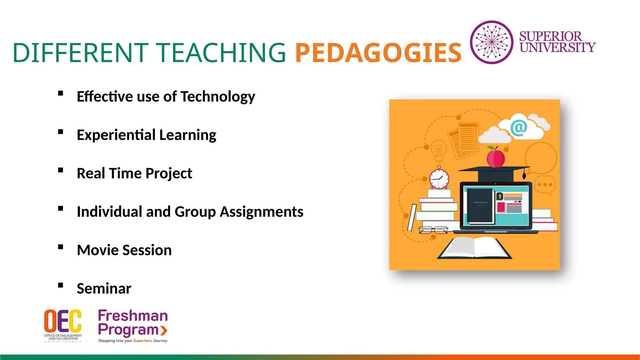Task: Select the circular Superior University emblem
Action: click(492, 42)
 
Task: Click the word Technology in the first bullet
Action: click(218, 97)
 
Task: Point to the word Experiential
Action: click(116, 135)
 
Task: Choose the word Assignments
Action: click(262, 212)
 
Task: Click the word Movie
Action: click(97, 250)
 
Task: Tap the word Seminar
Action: click(104, 288)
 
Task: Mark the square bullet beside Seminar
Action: click(61, 285)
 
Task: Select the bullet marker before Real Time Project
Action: click(61, 170)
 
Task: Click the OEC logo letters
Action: click(63, 321)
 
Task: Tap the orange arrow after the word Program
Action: click(164, 330)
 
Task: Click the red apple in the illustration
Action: click(496, 158)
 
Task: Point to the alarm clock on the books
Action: click(439, 179)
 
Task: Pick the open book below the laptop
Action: click(474, 248)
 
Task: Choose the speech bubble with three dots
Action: click(545, 185)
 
